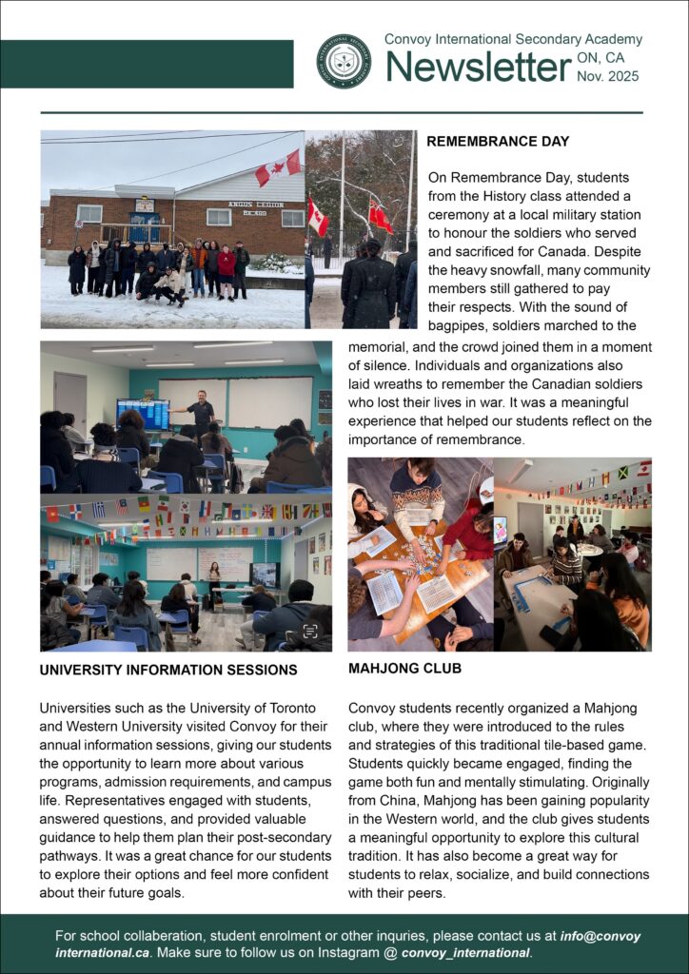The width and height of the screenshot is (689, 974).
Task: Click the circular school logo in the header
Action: click(x=344, y=62)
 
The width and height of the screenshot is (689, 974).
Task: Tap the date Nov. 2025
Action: click(x=608, y=76)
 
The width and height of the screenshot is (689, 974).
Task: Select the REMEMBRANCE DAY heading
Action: click(x=498, y=142)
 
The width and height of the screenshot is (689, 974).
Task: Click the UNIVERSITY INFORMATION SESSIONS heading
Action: click(x=168, y=670)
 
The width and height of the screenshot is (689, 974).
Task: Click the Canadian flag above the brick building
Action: click(x=277, y=167)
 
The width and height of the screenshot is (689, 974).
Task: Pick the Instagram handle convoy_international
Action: click(x=465, y=952)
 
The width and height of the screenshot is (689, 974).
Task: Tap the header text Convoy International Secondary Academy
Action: click(x=513, y=40)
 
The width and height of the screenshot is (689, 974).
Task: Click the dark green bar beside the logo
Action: click(x=147, y=63)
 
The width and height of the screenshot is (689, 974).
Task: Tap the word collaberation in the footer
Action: click(x=167, y=935)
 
